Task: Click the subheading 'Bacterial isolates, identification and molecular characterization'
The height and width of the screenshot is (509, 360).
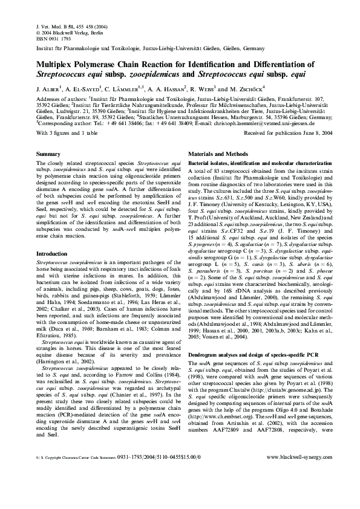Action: (256, 163)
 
